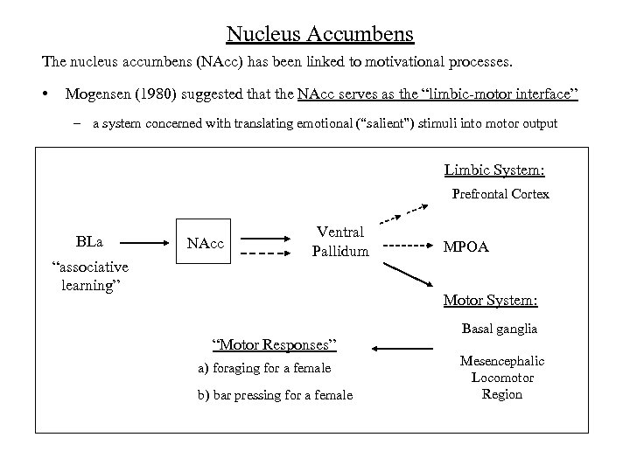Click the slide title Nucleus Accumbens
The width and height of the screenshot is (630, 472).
(x=319, y=34)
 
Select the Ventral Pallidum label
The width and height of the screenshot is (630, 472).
(x=340, y=241)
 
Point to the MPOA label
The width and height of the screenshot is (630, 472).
(x=465, y=247)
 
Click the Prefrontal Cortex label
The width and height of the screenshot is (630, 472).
(x=500, y=194)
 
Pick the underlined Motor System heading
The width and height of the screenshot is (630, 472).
(x=490, y=301)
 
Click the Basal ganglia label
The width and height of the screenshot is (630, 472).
(x=500, y=329)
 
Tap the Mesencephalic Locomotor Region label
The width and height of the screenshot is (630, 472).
(x=502, y=377)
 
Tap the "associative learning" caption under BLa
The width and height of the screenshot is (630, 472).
(x=90, y=277)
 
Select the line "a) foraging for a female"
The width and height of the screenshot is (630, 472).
(x=264, y=369)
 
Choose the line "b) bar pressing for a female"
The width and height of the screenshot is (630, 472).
(x=275, y=395)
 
